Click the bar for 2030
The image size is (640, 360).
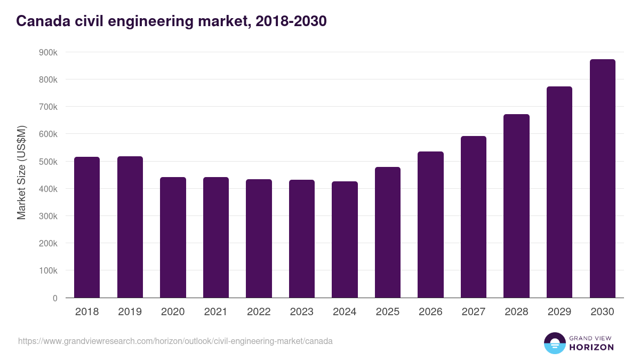[602, 179]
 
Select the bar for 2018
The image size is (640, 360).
[87, 227]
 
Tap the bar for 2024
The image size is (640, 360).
[345, 239]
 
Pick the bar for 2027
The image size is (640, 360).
[474, 217]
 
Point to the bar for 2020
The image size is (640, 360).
[173, 237]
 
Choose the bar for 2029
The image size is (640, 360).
[559, 192]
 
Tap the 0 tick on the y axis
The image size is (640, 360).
[54, 298]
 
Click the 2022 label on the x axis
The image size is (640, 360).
[259, 312]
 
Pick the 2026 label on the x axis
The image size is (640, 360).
[430, 312]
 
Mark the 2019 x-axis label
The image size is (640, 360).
[130, 312]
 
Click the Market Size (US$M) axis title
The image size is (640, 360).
[21, 172]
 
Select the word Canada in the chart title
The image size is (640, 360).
[42, 21]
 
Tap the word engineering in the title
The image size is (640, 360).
[147, 21]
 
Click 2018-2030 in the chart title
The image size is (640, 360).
[291, 21]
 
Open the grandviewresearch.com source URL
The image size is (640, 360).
[175, 341]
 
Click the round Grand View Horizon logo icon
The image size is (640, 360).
[554, 343]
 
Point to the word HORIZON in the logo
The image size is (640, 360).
[591, 347]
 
